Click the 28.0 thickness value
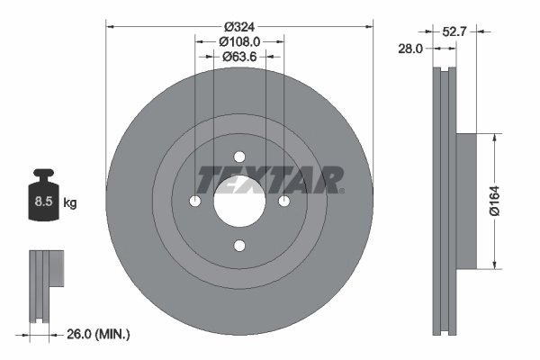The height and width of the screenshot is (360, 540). coord(409,49)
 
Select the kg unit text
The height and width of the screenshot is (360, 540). coord(69,203)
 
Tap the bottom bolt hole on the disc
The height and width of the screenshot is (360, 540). coord(239,244)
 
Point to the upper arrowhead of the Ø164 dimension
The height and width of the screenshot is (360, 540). coord(493,138)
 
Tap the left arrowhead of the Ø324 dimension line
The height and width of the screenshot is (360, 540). coord(111,26)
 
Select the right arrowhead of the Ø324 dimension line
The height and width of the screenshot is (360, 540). coord(369,26)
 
